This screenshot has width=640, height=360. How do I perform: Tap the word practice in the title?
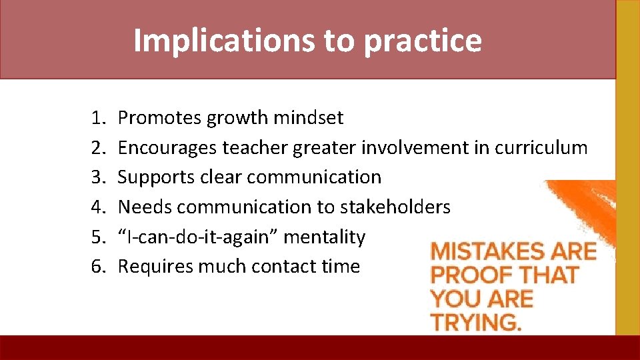(x=423, y=41)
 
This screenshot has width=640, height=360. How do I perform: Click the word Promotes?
(x=160, y=119)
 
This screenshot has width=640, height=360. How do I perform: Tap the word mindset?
(x=308, y=119)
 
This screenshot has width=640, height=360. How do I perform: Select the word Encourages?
(x=167, y=148)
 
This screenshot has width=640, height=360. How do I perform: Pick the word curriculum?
(x=541, y=148)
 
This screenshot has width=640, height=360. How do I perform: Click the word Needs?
(x=145, y=207)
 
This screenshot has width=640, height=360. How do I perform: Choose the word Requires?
(x=159, y=267)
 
